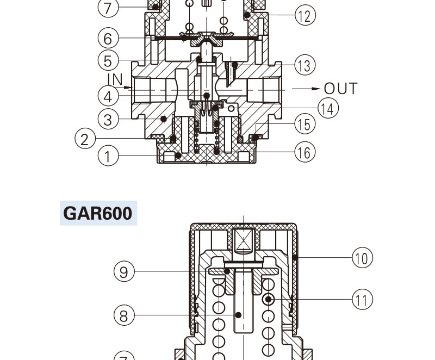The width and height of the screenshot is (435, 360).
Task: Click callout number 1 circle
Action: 108,157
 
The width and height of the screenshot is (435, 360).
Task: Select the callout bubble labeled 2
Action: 85,139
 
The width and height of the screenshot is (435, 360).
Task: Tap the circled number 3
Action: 108,119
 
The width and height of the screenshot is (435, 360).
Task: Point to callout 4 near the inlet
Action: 108,96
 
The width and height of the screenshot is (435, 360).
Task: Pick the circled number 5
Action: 108,60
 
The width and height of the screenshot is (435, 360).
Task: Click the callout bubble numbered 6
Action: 108,39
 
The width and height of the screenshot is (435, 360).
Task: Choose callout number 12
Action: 305,16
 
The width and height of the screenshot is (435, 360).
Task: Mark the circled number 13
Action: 305,65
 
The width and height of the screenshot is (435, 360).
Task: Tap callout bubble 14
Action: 328,108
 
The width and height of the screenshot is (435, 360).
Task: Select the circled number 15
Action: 305,124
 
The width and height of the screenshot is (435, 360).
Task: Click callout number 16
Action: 305,153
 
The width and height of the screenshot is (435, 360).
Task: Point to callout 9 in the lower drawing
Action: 124,271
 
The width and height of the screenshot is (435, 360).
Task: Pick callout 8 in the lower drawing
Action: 124,315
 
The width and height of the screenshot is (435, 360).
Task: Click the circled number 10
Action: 363,257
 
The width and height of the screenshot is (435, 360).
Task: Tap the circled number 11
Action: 363,299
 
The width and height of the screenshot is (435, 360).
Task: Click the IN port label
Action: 115,79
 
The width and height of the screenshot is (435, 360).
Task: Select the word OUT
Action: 340,89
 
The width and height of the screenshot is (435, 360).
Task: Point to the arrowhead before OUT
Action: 315,88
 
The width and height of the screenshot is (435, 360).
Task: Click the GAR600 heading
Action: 98,213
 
